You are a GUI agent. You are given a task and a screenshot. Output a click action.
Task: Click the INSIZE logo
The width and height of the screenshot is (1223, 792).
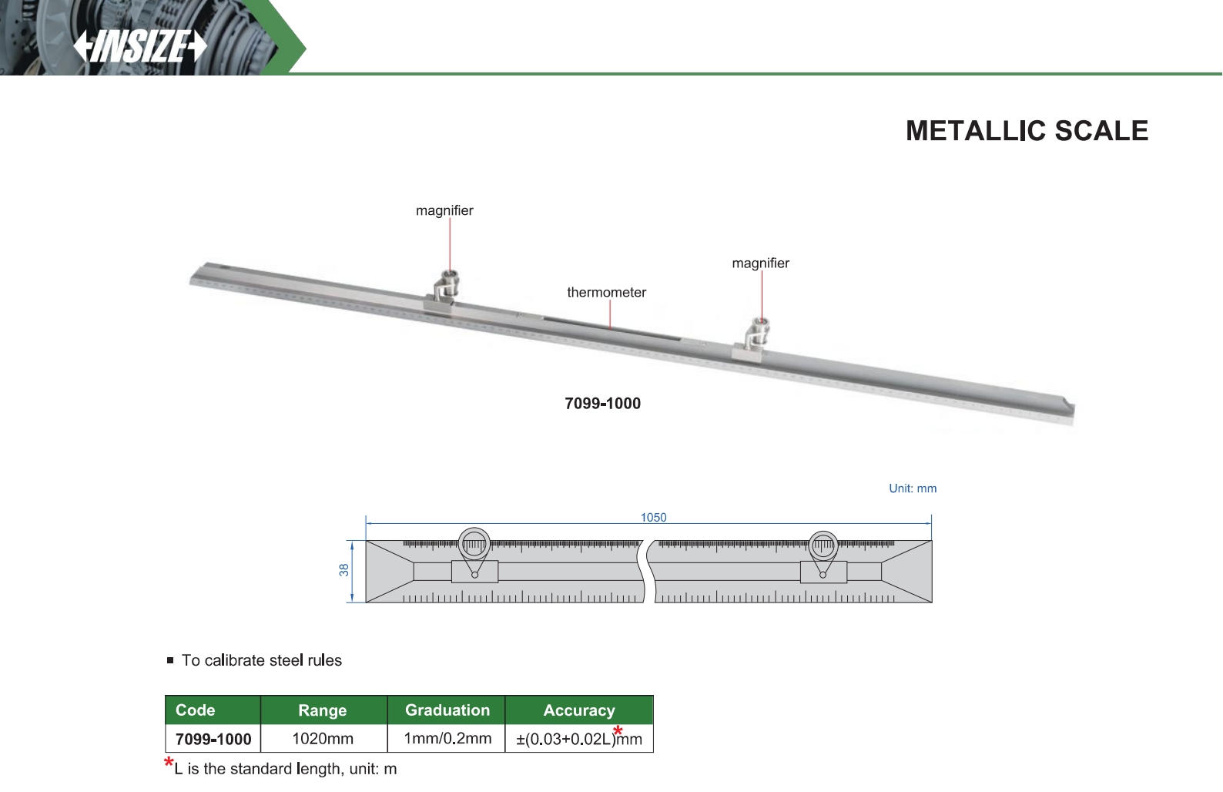pyautogui.click(x=140, y=46)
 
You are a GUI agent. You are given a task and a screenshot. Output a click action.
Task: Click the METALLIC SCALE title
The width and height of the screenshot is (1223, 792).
pyautogui.click(x=1027, y=131)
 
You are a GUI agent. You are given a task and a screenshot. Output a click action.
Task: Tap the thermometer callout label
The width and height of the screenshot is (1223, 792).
pyautogui.click(x=606, y=293)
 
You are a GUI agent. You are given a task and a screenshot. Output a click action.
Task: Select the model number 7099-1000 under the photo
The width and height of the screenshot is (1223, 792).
pyautogui.click(x=602, y=404)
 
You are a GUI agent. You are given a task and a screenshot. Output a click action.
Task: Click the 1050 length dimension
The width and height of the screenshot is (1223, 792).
pyautogui.click(x=653, y=518)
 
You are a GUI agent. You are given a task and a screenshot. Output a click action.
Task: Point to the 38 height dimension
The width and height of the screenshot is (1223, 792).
pyautogui.click(x=344, y=570)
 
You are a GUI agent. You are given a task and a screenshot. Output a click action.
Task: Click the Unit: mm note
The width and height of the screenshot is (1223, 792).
pyautogui.click(x=913, y=488)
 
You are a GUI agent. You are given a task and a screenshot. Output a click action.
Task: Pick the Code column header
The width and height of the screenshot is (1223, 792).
pyautogui.click(x=196, y=710)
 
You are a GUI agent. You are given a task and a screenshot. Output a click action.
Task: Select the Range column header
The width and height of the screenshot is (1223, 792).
pyautogui.click(x=323, y=710)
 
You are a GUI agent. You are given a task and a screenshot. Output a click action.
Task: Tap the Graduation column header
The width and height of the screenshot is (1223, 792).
pyautogui.click(x=447, y=710)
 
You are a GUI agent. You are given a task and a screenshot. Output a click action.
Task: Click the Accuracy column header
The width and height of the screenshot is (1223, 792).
pyautogui.click(x=579, y=710)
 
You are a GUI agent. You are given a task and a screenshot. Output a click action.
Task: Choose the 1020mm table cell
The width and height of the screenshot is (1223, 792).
pyautogui.click(x=323, y=739)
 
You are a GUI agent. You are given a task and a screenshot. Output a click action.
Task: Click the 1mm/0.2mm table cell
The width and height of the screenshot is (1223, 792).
pyautogui.click(x=447, y=739)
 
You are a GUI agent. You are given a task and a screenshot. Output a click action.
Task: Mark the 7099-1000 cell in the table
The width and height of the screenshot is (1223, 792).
pyautogui.click(x=213, y=740)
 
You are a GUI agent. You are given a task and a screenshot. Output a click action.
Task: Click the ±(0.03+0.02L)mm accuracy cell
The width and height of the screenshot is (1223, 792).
pyautogui.click(x=578, y=740)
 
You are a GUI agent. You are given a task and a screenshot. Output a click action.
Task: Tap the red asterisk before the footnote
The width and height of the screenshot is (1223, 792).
pyautogui.click(x=169, y=763)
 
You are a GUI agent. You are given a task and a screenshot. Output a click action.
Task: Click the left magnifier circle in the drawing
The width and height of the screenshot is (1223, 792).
pyautogui.click(x=474, y=545)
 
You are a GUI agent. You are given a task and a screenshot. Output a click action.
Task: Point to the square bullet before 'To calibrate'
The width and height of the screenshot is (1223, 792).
pyautogui.click(x=170, y=660)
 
